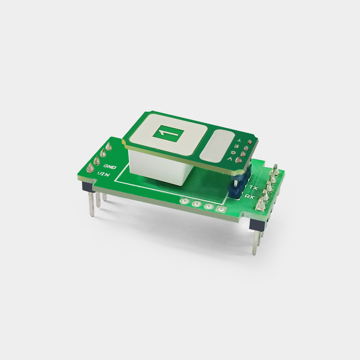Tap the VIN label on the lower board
[x=104, y=174]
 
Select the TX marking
[x=254, y=188]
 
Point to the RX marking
[x=249, y=196]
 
